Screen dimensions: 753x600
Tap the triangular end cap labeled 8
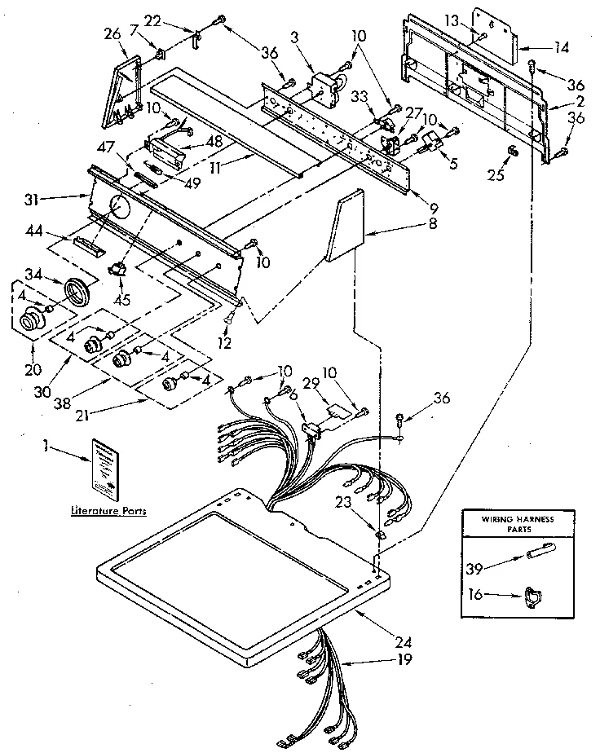[345, 227]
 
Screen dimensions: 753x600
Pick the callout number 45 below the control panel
[122, 298]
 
